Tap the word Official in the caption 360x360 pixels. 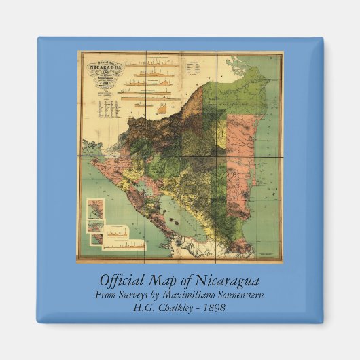point(122,281)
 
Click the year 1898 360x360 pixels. point(212,307)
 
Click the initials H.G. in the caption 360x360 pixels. point(144,307)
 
